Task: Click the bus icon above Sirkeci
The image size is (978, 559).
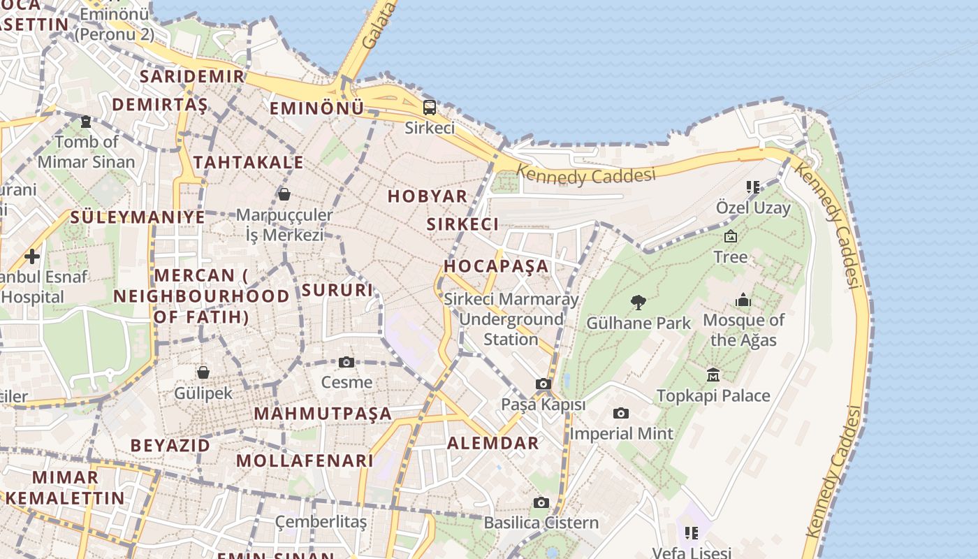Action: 430,108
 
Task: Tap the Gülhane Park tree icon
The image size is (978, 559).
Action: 638,303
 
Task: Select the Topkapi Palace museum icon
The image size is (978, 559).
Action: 713,375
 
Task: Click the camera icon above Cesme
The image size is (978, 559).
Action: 346,362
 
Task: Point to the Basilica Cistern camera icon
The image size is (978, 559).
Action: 541,502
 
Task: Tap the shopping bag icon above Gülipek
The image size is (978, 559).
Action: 203,372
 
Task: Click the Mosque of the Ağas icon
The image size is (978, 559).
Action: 743,300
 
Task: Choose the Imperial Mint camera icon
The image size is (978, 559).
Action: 620,414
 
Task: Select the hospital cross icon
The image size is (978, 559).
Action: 31,256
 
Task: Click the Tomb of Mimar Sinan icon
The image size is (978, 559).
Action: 86,122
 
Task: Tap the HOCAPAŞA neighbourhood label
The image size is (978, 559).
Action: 497,266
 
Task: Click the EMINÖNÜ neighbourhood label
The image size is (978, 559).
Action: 316,108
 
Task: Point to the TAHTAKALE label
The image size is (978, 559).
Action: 249,163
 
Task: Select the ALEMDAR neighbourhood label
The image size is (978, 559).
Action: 493,443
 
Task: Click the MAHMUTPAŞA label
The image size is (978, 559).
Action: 323,413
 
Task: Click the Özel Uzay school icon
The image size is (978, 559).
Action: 752,187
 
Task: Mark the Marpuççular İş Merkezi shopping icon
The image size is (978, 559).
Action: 284,194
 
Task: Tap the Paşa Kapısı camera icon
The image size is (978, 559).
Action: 543,384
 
